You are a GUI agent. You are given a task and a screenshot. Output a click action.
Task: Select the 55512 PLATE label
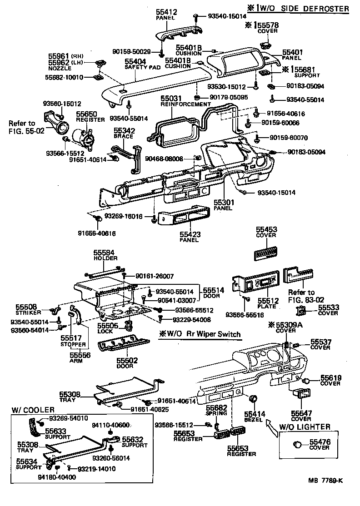pyautogui.click(x=267, y=303)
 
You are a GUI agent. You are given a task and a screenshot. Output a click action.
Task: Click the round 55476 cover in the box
pyautogui.click(x=298, y=444)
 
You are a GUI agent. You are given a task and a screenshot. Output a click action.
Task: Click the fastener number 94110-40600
pyautogui.click(x=111, y=425)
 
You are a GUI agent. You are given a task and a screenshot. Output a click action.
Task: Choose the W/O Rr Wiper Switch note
pyautogui.click(x=200, y=334)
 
